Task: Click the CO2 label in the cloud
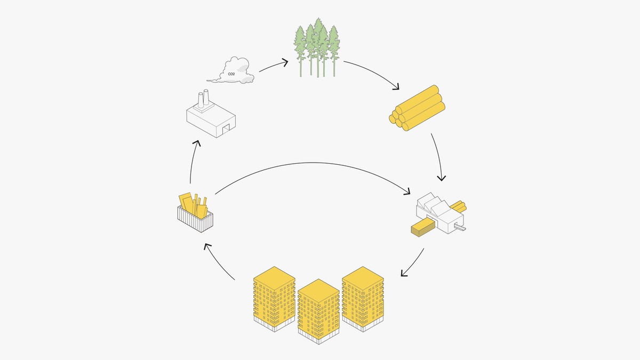click(x=231, y=74)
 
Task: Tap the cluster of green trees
click(x=318, y=47)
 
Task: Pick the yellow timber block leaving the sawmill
click(x=421, y=228)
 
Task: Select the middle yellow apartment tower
click(x=318, y=309)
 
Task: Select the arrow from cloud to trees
click(x=274, y=65)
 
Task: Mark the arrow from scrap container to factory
click(x=193, y=161)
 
